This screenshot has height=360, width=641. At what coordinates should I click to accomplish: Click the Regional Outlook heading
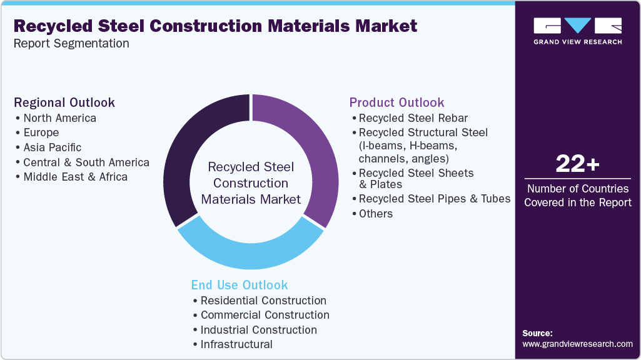click(x=64, y=102)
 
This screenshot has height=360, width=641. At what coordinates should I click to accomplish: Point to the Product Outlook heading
click(x=396, y=102)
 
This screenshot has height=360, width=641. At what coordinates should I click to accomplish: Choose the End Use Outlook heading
click(x=240, y=285)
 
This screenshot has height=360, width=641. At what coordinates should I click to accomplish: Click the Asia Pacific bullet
click(x=53, y=147)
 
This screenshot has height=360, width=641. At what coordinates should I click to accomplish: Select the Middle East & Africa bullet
click(x=75, y=177)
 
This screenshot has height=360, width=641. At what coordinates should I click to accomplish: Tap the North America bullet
click(x=59, y=118)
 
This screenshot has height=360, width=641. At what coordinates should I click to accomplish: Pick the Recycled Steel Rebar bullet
click(x=413, y=118)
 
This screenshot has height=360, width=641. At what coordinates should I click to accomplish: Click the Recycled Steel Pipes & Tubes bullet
click(x=434, y=199)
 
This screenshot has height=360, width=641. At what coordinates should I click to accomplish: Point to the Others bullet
click(x=375, y=214)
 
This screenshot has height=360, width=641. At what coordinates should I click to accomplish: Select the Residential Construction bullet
click(x=263, y=301)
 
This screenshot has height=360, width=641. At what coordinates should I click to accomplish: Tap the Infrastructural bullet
click(x=236, y=344)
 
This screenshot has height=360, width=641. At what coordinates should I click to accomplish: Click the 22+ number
click(x=577, y=164)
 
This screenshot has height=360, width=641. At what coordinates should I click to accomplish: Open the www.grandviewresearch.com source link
click(x=577, y=344)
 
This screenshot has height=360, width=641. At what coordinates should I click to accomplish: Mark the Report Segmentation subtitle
click(x=71, y=44)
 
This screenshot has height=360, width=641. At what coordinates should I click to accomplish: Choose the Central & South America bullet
click(x=86, y=162)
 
